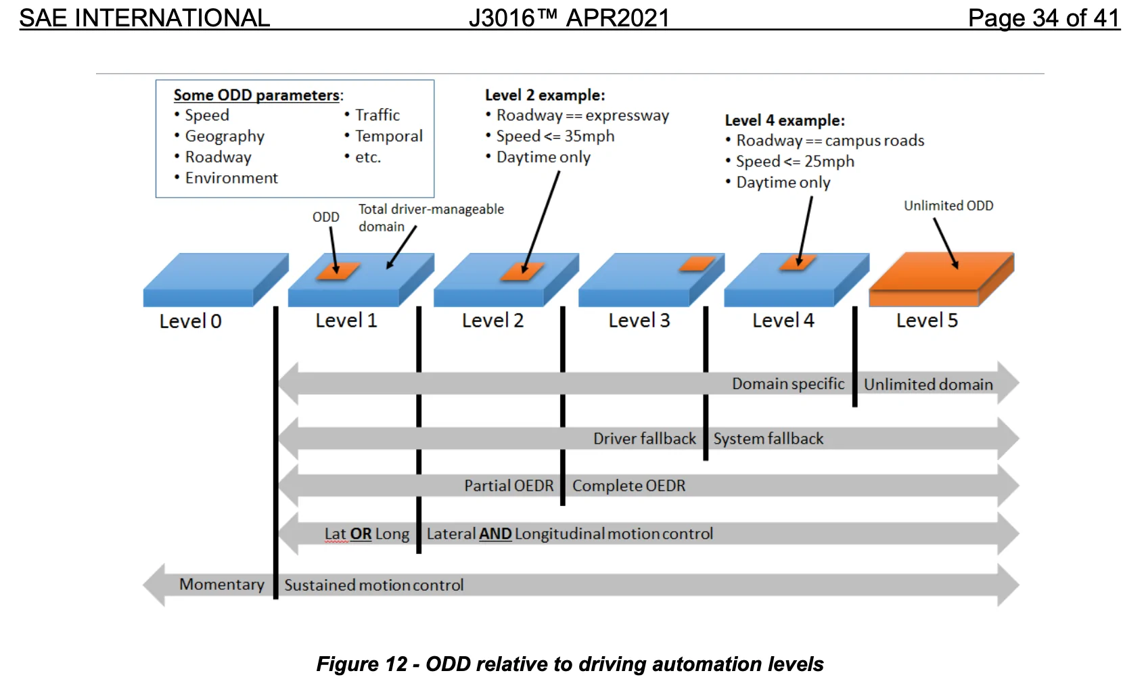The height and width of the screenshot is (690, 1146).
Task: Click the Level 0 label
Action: click(x=190, y=321)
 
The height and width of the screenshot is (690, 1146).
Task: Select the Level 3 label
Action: click(x=639, y=320)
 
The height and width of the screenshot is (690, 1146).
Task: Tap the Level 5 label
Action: click(x=927, y=320)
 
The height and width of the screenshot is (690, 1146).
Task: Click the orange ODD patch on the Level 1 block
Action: click(x=338, y=271)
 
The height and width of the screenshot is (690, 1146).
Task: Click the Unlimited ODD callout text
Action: click(x=948, y=206)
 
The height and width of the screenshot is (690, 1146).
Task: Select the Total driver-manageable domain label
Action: click(x=431, y=217)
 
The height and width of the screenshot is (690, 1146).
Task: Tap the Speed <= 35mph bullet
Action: click(x=550, y=136)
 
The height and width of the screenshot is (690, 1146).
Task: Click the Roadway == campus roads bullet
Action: click(x=825, y=141)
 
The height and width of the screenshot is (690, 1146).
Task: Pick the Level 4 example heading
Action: click(x=785, y=120)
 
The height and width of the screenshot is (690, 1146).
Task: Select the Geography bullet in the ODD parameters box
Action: click(x=219, y=136)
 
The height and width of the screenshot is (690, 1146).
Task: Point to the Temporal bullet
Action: click(x=384, y=136)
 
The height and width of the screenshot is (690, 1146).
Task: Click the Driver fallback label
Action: click(x=645, y=438)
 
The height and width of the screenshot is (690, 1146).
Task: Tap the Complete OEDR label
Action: click(x=628, y=486)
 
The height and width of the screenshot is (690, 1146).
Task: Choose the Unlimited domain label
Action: click(x=929, y=384)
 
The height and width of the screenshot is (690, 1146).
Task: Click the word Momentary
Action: click(x=221, y=584)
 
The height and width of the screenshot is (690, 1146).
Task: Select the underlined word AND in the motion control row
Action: click(x=495, y=534)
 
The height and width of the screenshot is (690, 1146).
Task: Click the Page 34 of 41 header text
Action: click(x=1044, y=18)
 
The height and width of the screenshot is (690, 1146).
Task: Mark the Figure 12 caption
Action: click(x=570, y=664)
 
